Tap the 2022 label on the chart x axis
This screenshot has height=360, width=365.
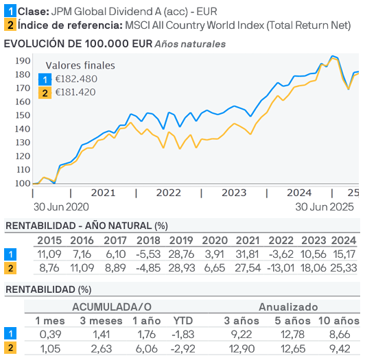(168, 193)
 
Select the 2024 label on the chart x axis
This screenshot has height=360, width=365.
(299, 193)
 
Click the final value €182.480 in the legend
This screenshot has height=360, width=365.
(76, 79)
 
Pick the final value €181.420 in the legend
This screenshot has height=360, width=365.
(76, 93)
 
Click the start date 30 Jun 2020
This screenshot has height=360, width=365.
(62, 206)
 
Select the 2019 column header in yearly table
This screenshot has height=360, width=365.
(181, 240)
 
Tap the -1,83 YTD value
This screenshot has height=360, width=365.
(181, 334)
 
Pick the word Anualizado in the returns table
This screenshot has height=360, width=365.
(288, 307)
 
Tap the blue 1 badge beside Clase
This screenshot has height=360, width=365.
(10, 12)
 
